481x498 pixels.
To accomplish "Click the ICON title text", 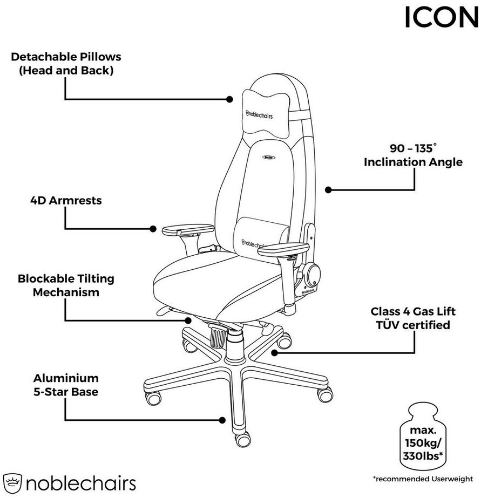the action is click(x=441, y=17).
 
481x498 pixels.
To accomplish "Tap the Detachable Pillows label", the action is click(x=66, y=63).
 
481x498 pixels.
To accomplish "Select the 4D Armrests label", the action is click(x=66, y=201).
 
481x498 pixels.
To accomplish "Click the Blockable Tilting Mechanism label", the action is click(x=66, y=285).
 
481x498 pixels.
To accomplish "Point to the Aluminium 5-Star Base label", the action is click(x=66, y=385).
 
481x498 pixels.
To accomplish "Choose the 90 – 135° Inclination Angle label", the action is click(x=413, y=155).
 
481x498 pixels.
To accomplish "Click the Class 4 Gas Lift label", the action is click(x=413, y=318).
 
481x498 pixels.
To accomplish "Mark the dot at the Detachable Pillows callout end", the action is click(x=229, y=99).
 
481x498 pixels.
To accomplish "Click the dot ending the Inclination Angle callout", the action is click(x=328, y=189).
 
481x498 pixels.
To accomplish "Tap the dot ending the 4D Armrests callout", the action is click(x=153, y=229).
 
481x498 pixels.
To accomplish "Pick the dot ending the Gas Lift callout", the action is click(x=274, y=353).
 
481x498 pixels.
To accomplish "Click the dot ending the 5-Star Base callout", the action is click(x=222, y=420).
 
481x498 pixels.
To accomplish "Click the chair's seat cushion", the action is click(x=216, y=283).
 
